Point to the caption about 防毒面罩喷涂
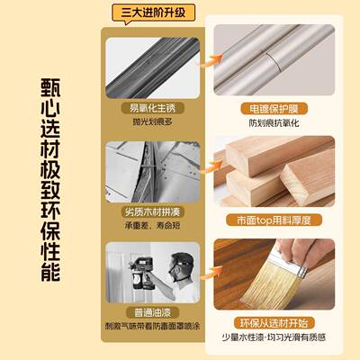tap(148, 329)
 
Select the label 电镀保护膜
tap(274, 108)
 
